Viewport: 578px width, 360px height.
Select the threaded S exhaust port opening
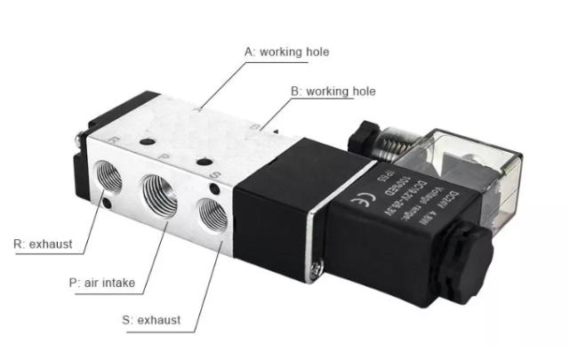coord(212,215)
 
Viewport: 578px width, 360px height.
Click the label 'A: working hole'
coord(286,52)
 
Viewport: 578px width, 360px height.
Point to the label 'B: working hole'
coord(333,91)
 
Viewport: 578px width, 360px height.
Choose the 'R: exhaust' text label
coord(42,243)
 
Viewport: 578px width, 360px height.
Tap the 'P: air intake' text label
coord(101,283)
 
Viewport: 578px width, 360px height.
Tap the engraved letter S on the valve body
coord(214,176)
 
